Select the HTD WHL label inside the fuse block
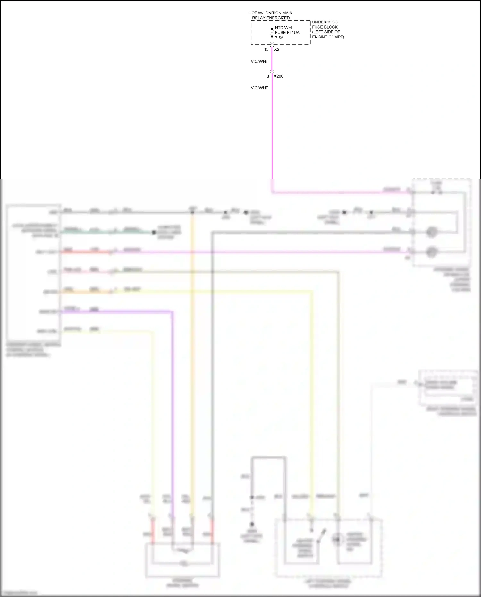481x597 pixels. coord(284,28)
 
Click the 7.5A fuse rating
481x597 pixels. coord(279,38)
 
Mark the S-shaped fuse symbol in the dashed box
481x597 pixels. coord(272,32)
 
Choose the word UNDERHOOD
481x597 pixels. coord(325,22)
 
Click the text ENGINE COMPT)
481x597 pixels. coord(328,37)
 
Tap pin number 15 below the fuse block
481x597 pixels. coord(266,50)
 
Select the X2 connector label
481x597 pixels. coord(277,50)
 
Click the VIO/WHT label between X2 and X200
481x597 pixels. coord(259,61)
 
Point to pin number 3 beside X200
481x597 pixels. coord(268,76)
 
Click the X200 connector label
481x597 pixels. coord(278,76)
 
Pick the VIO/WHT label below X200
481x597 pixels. coord(259,88)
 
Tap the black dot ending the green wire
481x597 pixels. coord(154,232)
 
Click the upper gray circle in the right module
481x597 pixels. coord(432,232)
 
